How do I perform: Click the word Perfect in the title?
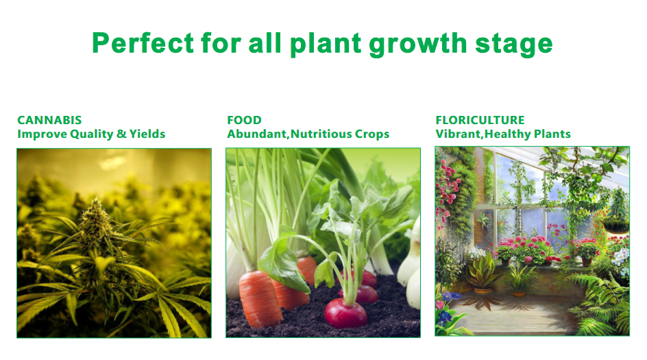pos(143,43)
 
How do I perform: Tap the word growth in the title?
pos(417,44)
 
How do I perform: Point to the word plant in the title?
pos(326,44)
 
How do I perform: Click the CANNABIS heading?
pos(49,120)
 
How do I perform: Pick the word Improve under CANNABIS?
pos(42,134)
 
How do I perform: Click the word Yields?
pos(147,134)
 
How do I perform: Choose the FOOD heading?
pos(244,120)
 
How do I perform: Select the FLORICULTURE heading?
pos(480,120)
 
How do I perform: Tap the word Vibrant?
pos(459,134)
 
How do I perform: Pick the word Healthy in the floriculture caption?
pos(508,134)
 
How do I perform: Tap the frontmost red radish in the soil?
pos(345,313)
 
